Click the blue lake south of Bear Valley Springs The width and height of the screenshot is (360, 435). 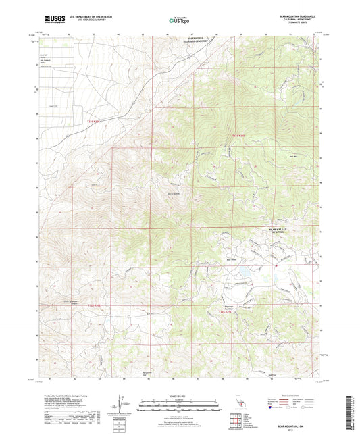pos(241,273)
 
